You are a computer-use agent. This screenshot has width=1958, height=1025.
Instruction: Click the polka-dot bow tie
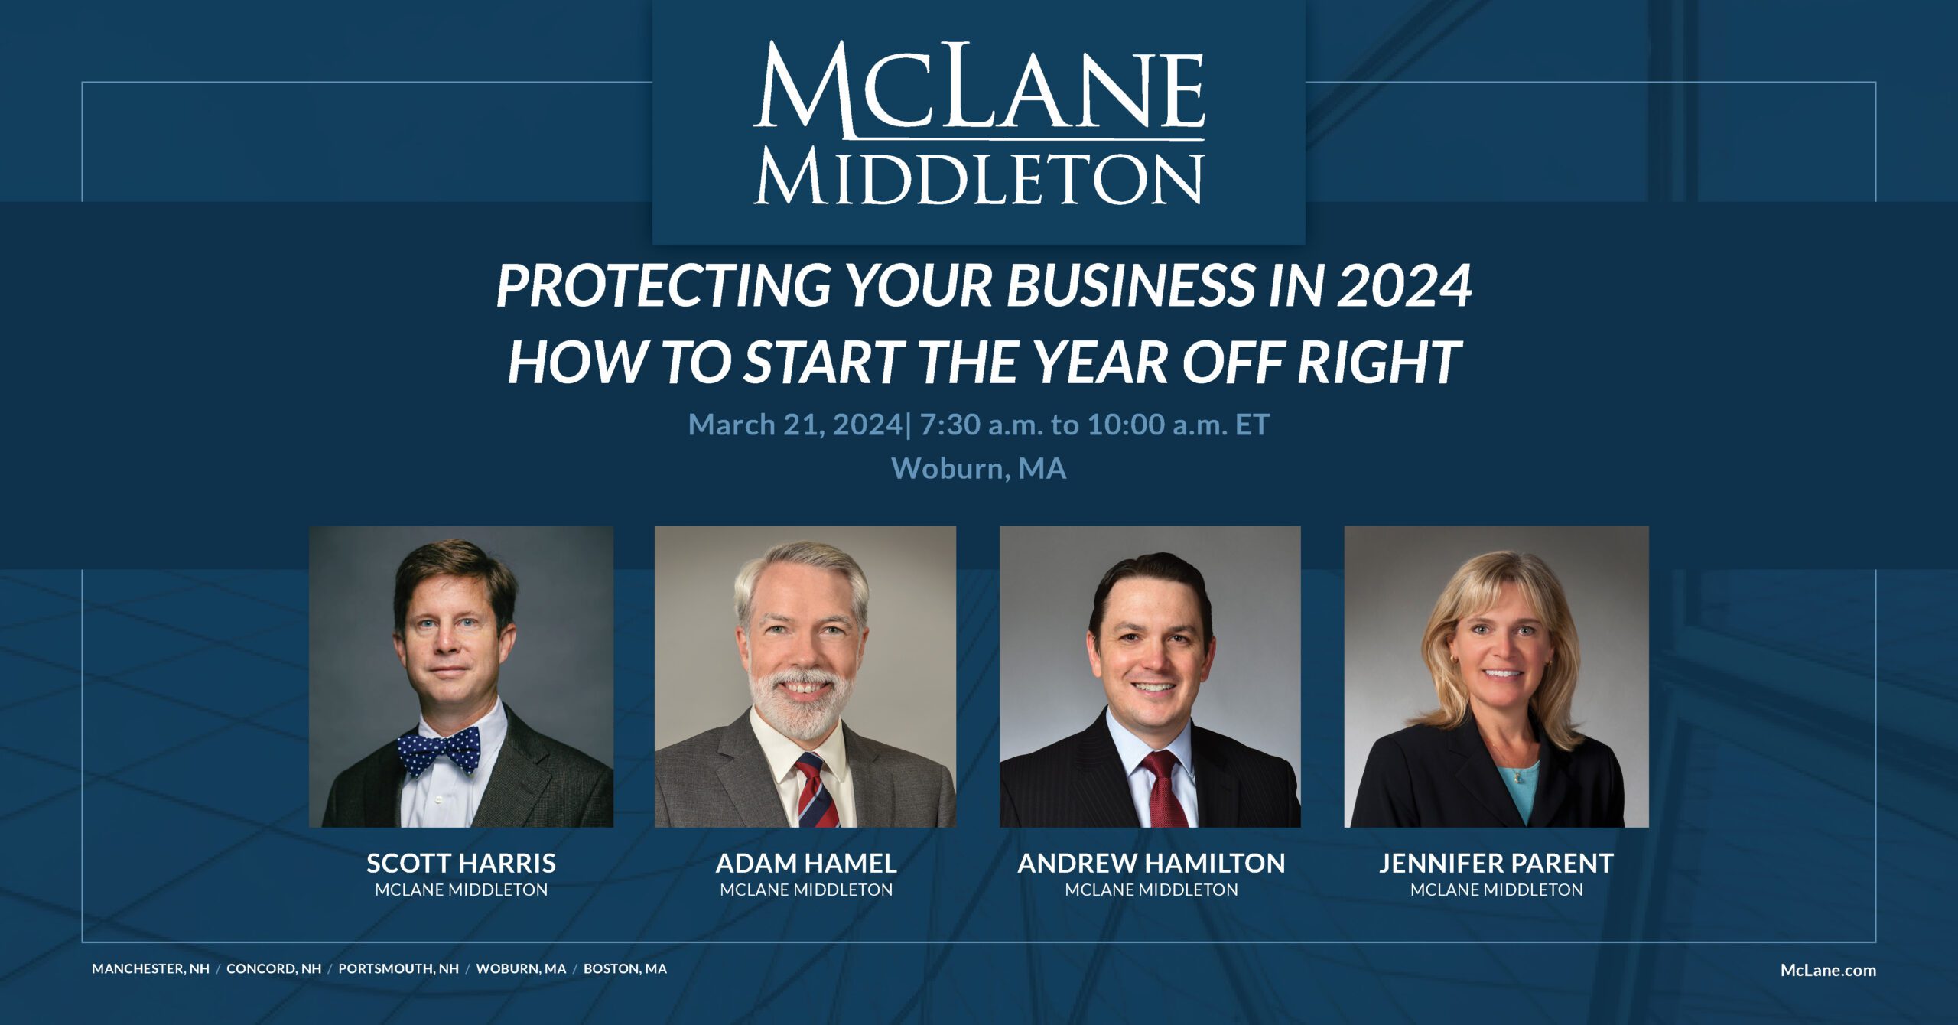(x=439, y=750)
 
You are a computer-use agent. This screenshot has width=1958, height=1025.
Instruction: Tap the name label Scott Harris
(x=461, y=864)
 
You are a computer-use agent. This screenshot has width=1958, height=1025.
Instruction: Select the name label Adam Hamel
(x=806, y=864)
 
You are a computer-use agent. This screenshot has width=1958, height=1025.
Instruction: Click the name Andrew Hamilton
(x=1151, y=864)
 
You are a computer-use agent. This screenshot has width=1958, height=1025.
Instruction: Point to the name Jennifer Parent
(x=1496, y=864)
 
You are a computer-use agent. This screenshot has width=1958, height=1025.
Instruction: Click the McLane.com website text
(x=1828, y=971)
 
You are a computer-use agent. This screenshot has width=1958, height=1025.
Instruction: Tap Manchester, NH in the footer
(x=151, y=968)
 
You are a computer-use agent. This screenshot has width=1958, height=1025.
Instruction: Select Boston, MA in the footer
(x=625, y=968)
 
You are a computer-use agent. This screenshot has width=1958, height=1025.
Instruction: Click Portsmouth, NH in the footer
(x=398, y=968)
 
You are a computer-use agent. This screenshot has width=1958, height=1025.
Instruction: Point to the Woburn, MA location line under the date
(x=978, y=468)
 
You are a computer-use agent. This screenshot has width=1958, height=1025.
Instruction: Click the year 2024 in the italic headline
(x=1404, y=286)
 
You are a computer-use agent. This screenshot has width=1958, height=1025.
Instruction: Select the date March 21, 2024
(x=795, y=425)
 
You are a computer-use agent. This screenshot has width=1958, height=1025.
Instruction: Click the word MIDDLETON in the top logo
(x=978, y=179)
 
